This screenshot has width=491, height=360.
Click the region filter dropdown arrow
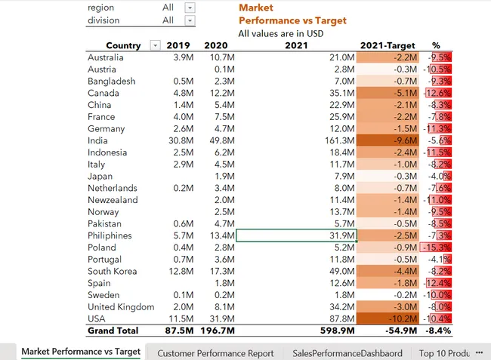pyautogui.click(x=190, y=8)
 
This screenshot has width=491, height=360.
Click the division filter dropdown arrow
pyautogui.click(x=190, y=20)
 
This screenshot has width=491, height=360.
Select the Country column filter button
pyautogui.click(x=156, y=46)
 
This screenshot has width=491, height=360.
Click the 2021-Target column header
pyautogui.click(x=388, y=45)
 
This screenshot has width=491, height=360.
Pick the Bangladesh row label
pyautogui.click(x=112, y=81)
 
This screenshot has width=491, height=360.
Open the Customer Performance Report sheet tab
pyautogui.click(x=215, y=352)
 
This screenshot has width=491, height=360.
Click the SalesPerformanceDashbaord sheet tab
pyautogui.click(x=346, y=352)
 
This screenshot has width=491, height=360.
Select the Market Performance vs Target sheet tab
pyautogui.click(x=81, y=352)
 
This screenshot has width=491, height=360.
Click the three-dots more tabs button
pyautogui.click(x=479, y=352)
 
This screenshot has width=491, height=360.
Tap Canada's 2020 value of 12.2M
pyautogui.click(x=221, y=93)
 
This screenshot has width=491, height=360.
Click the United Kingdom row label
pyautogui.click(x=121, y=307)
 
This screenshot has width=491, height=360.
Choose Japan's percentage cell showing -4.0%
pyautogui.click(x=438, y=176)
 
